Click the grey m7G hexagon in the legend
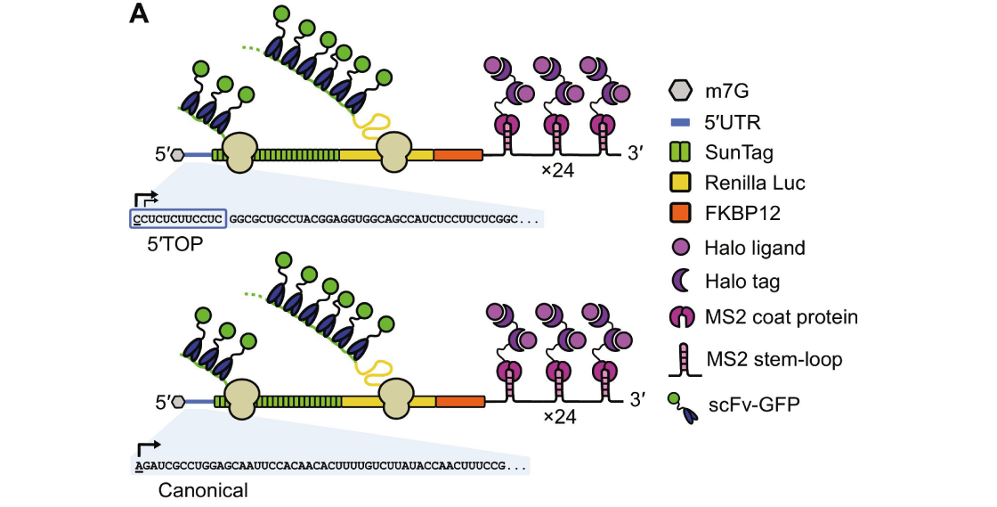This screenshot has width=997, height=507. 680,90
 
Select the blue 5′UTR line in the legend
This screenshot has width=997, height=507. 680,122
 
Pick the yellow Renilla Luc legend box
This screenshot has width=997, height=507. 680,184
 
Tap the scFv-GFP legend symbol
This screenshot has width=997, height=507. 680,405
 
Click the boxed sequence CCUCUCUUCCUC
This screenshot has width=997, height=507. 178,217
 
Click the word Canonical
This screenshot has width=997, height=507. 203,490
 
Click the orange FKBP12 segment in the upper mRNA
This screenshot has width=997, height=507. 458,154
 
